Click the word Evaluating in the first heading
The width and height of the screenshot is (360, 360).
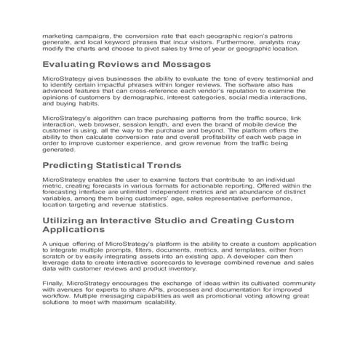69,64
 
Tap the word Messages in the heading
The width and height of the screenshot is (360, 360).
185,64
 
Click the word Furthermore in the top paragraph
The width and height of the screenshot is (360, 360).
247,42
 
